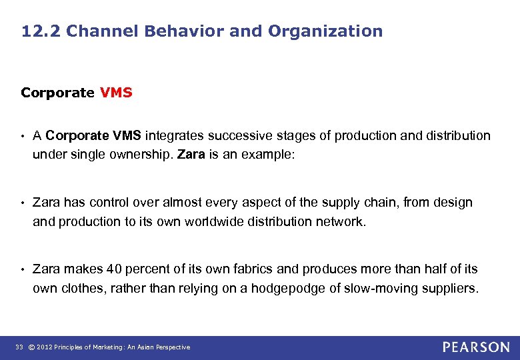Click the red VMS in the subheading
click(117, 93)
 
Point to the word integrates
click(175, 136)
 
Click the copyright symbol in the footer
click(32, 347)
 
